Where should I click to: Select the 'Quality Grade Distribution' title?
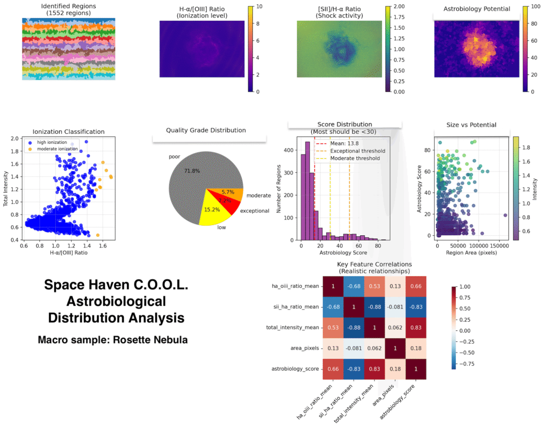[206, 130]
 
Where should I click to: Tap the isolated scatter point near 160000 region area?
[505, 215]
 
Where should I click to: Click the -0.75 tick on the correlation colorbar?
[460, 365]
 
